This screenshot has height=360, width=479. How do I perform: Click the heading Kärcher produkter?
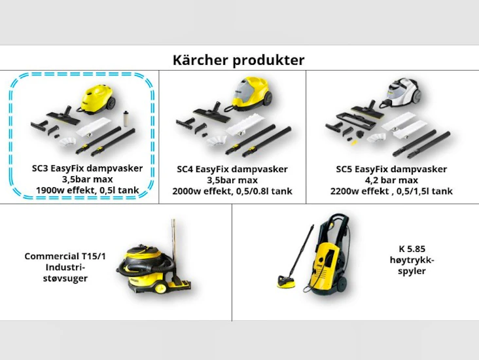(x=238, y=60)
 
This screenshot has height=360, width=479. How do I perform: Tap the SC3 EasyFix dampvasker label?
(x=87, y=168)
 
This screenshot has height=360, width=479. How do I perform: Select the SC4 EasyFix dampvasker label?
(x=232, y=170)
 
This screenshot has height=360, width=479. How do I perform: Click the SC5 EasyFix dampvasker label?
(x=391, y=169)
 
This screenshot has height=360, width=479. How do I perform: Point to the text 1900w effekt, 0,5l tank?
(x=87, y=190)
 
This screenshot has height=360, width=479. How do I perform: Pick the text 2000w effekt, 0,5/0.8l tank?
(x=232, y=191)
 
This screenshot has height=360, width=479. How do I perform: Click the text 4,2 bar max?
(x=391, y=180)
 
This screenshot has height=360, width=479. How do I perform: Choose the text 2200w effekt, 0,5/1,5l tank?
(x=391, y=191)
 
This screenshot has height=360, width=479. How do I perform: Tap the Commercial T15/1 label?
(x=65, y=257)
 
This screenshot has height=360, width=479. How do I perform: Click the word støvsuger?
(x=65, y=278)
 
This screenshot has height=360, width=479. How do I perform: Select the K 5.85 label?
(x=412, y=249)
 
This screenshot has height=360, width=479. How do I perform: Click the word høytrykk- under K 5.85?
(x=412, y=260)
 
